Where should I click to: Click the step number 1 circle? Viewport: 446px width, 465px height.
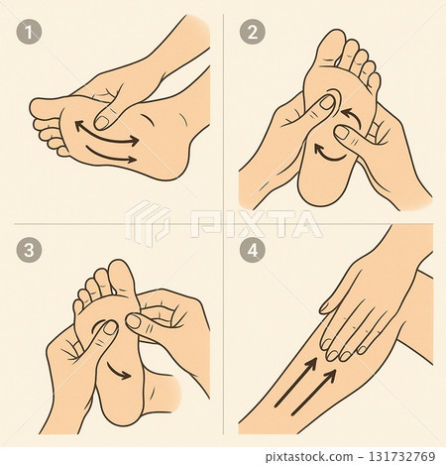(x=29, y=33)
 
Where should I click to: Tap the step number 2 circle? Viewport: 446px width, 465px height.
(x=253, y=33)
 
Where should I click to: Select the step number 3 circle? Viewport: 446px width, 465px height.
(x=29, y=250)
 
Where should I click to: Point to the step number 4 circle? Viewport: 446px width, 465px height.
(x=253, y=250)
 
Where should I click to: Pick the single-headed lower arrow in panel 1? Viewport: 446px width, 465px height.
(x=111, y=157)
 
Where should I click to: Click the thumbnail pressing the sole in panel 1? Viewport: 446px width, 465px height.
(x=102, y=123)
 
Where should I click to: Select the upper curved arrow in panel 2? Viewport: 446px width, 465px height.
(x=354, y=118)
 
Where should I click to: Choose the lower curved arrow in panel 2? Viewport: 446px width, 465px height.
(x=328, y=156)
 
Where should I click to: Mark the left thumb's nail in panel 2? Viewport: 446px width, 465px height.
(x=327, y=102)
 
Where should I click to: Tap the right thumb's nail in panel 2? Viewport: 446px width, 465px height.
(x=341, y=133)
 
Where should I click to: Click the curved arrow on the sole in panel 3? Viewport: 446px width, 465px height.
(x=119, y=371)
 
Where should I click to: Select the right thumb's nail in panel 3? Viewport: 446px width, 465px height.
(x=134, y=321)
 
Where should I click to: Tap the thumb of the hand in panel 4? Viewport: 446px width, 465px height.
(x=335, y=296)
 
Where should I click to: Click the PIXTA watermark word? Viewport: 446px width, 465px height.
(x=256, y=224)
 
